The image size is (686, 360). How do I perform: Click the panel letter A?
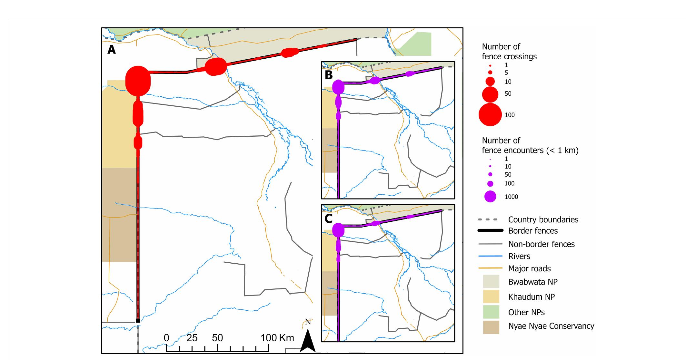pos(111,50)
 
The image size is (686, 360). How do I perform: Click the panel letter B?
pos(329,75)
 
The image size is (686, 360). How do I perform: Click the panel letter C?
pos(329,219)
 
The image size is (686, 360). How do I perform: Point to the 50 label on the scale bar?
pos(217,338)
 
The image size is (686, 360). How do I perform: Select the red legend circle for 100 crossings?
pos(490,115)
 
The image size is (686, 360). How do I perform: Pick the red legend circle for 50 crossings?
pos(490,94)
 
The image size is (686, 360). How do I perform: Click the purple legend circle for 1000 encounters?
pos(490,197)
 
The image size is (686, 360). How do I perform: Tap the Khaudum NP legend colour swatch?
pos(491,297)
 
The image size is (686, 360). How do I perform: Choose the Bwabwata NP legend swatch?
pos(491,281)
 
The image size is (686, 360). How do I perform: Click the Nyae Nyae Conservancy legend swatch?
pos(491,327)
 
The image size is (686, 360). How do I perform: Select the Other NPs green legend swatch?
pos(491,312)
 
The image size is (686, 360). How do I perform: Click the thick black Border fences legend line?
pos(490,230)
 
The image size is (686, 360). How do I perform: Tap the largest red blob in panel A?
pos(138,81)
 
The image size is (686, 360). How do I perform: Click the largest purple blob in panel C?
pos(338,230)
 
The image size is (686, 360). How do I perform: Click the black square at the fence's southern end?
pos(138,320)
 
